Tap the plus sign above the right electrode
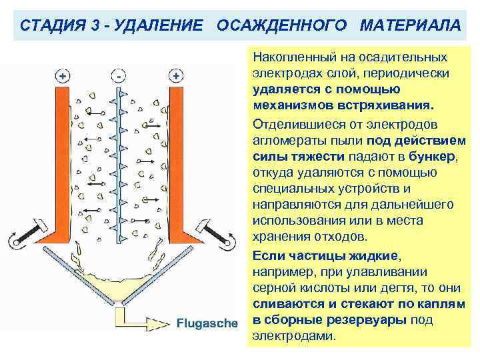176,76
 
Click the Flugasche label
207,323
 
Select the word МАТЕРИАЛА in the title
409,25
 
